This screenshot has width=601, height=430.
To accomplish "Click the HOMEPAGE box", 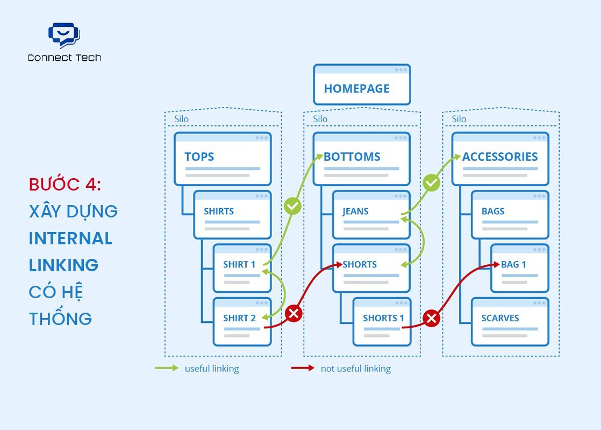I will (362, 85).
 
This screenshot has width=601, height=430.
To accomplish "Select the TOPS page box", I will (222, 159).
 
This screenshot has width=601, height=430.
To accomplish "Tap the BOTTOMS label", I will (352, 157).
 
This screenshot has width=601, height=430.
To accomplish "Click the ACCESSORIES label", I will (500, 157).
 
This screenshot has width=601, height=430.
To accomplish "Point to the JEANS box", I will (371, 215).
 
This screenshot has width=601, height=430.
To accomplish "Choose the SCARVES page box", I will (510, 321).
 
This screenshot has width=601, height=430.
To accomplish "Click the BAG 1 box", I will (519, 268).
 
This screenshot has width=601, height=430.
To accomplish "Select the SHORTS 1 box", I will (382, 321).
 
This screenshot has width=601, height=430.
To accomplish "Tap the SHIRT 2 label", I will (239, 318).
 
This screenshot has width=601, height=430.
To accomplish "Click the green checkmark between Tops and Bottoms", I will (292, 206).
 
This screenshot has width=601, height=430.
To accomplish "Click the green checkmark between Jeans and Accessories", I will (431, 183).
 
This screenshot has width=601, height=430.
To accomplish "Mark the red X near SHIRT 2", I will (294, 313).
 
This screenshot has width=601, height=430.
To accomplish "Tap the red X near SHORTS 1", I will (431, 318).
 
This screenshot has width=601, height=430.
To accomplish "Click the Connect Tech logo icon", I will (64, 35).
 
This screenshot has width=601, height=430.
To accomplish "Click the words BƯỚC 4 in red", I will (65, 184).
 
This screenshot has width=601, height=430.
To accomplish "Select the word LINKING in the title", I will (63, 265).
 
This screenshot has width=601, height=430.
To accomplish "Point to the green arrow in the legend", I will (167, 369).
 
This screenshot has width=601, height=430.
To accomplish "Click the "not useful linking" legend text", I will (355, 369).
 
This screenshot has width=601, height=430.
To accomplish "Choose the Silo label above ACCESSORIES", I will (459, 119).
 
